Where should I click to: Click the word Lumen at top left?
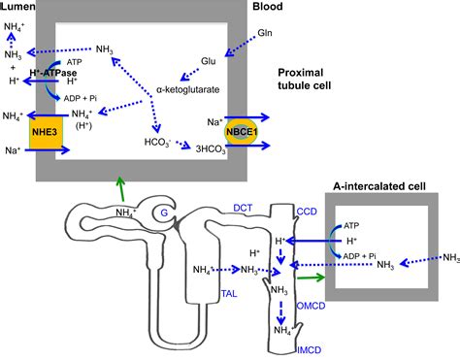19,7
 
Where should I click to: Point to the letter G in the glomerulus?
165,212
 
